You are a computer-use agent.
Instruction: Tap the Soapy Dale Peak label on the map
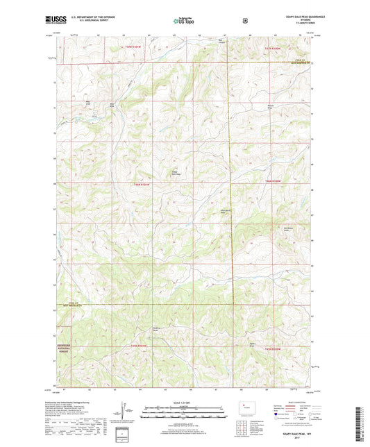point(176,173)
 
